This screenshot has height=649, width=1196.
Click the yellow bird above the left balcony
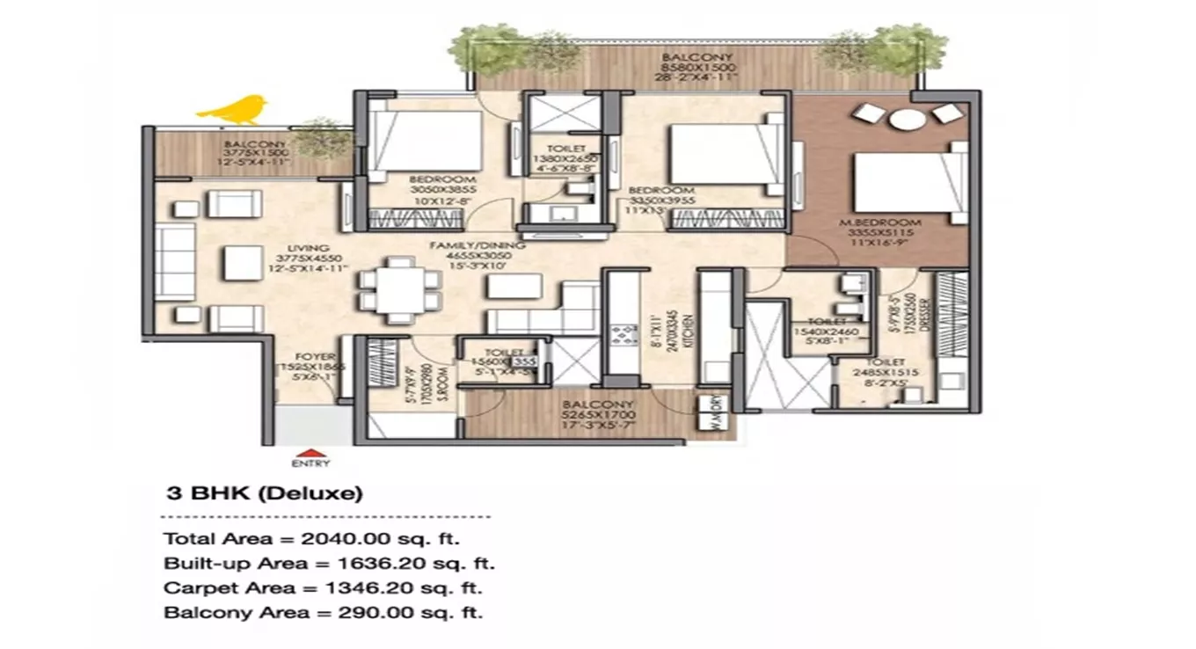[233, 109]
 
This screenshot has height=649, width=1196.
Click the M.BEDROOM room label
[892, 222]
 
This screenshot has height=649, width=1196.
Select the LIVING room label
[313, 249]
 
